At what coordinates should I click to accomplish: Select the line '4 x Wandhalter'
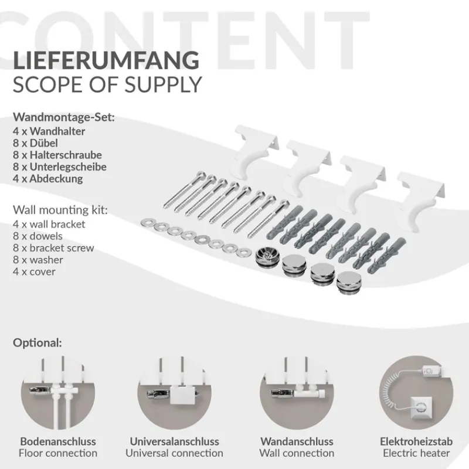pyautogui.click(x=49, y=131)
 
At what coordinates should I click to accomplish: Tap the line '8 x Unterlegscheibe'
pyautogui.click(x=59, y=167)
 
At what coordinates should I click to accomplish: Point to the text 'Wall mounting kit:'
pyautogui.click(x=60, y=209)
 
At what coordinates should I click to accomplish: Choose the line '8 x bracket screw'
pyautogui.click(x=53, y=248)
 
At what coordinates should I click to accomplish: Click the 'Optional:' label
pyautogui.click(x=37, y=342)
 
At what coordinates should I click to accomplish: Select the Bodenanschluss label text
pyautogui.click(x=58, y=441)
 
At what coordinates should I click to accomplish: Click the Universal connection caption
pyautogui.click(x=174, y=453)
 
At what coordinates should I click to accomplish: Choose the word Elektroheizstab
pyautogui.click(x=416, y=441)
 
